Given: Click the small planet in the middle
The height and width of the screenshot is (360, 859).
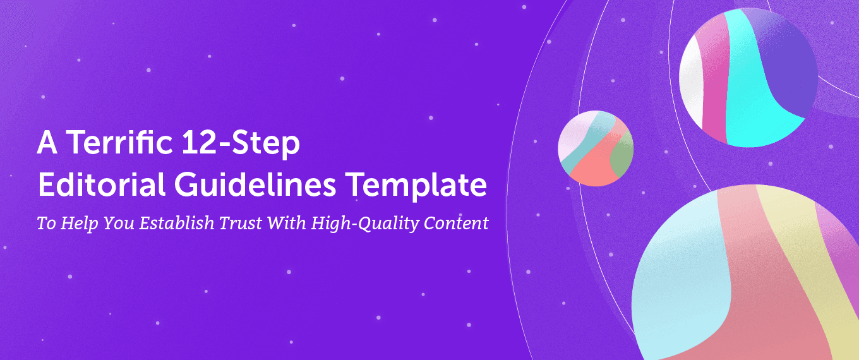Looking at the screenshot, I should click(x=595, y=148).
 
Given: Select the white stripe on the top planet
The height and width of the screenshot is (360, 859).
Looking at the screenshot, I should click(x=690, y=82).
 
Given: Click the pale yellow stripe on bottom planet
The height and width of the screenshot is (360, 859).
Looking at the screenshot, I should click(x=802, y=253).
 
